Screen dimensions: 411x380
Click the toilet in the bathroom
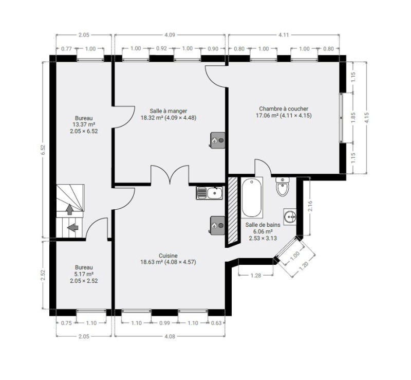(283, 187)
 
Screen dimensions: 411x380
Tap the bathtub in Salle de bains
(251, 197)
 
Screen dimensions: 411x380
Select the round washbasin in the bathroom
(290, 216)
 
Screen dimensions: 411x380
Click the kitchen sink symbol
(210, 193)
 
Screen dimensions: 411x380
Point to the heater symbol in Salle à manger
(217, 140)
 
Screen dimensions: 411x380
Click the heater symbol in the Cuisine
(217, 225)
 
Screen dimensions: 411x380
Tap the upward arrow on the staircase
(70, 209)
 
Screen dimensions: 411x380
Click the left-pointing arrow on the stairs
(72, 227)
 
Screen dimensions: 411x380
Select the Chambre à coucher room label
(284, 108)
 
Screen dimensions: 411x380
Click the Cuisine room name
(168, 256)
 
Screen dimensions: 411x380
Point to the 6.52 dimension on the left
(43, 150)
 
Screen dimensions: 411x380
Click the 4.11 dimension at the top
(284, 35)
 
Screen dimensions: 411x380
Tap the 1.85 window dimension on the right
(353, 118)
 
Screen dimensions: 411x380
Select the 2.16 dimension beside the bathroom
(310, 206)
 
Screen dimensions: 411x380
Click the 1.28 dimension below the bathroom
(256, 275)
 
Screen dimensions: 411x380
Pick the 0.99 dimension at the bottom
(164, 323)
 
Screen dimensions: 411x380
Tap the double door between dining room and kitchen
(170, 174)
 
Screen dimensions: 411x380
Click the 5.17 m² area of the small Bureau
(84, 274)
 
